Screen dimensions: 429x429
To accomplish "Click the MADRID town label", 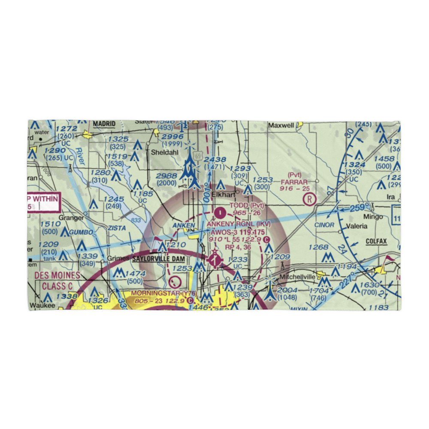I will [104, 124].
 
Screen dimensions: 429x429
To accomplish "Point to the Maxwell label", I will [281, 126].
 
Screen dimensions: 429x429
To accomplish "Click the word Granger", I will [72, 218].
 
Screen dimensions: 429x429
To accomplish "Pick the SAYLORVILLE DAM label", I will [154, 259].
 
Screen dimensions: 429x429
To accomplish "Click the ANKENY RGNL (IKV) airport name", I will [239, 224].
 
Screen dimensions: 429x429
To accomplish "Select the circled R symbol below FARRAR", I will [309, 199].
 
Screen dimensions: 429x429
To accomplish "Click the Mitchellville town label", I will [298, 277].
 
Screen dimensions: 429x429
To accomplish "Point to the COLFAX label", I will [376, 242].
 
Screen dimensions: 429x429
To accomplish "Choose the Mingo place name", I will [372, 217].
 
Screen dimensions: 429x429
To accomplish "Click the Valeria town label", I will [356, 226].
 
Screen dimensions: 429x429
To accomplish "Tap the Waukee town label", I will [42, 305].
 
